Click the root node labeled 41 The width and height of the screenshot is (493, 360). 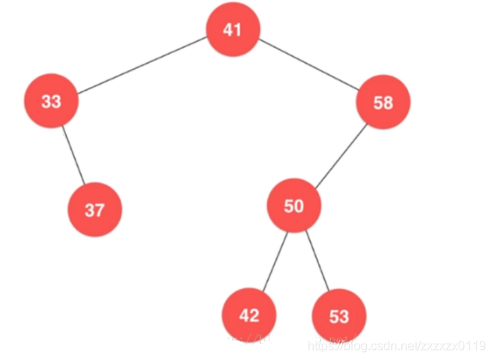pos(232,30)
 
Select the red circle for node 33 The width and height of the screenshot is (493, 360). pos(51,101)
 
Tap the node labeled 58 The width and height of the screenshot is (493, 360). pos(383,102)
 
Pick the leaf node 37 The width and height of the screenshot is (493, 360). pos(94,210)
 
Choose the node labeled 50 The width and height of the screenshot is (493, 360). pos(294,206)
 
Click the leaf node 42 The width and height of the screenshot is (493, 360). pos(248,316)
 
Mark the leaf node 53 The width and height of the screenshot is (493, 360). pos(339,316)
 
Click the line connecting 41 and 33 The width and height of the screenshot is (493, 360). pos(142,65)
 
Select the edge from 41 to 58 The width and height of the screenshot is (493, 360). pos(308,66)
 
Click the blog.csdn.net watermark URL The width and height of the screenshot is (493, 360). pos(396,344)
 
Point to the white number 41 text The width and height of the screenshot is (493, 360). pos(232,30)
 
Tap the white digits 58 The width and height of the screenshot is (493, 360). pos(383,102)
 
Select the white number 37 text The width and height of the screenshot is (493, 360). pos(94,210)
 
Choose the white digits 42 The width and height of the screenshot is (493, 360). pos(248,316)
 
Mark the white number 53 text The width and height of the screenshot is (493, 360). pos(339,316)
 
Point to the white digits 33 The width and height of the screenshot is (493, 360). pos(51,101)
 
